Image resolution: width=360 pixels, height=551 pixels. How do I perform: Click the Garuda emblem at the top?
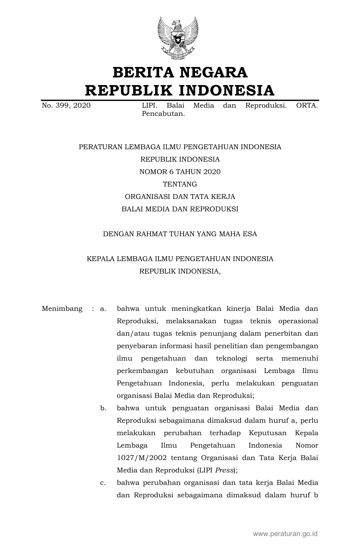pos(178,38)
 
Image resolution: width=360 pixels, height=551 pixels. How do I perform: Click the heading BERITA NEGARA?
pos(180,72)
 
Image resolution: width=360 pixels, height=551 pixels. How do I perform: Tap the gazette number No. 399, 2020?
pos(66,106)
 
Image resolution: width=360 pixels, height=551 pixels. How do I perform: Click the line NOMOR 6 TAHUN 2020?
pos(180,172)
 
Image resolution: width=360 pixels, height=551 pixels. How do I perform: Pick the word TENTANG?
pos(180,184)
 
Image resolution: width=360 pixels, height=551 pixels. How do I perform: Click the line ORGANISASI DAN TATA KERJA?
pos(180,197)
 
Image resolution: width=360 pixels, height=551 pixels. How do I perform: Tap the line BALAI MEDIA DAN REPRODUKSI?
pos(180,209)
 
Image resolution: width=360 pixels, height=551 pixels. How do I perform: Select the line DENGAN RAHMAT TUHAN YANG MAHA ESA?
pos(180,234)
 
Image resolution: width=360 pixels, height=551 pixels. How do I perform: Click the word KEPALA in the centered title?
pos(100,259)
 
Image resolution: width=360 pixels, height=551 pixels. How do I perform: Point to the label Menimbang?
pos(62,309)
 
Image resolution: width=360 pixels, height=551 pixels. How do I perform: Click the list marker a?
pos(103,309)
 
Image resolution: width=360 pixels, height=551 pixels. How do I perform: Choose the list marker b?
pos(103,408)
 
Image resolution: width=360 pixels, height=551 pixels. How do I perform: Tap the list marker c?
pos(103,483)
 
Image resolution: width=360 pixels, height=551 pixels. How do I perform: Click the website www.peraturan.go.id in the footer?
pos(285,534)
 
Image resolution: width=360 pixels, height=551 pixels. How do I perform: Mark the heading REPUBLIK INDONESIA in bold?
pos(180,90)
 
